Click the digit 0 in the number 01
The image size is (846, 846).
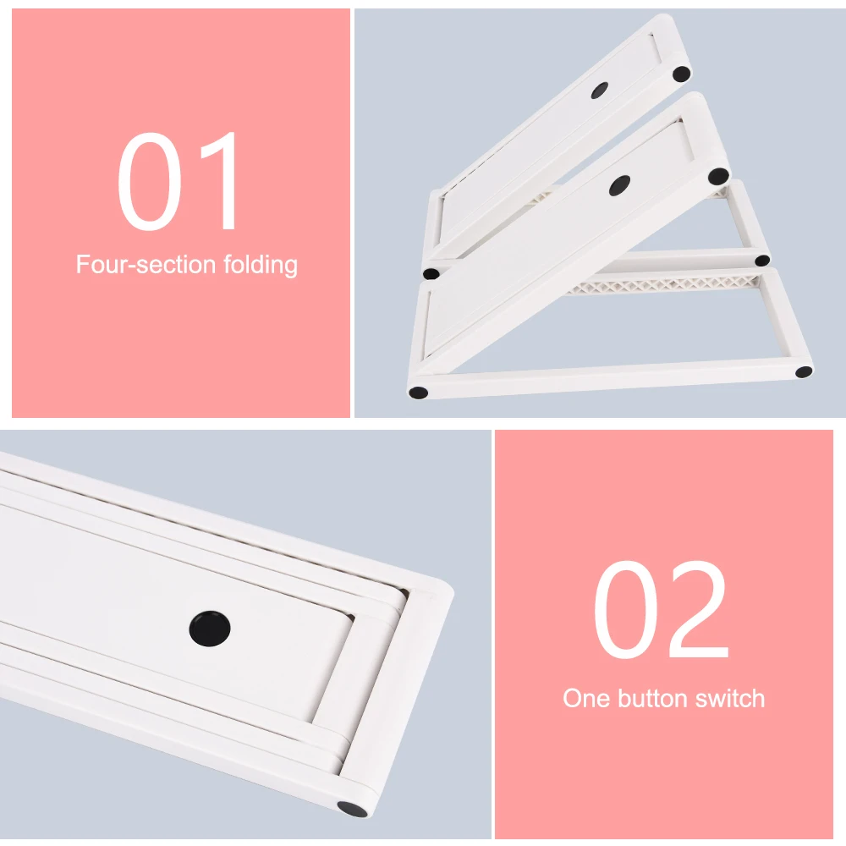pyautogui.click(x=149, y=182)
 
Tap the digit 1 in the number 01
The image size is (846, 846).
pyautogui.click(x=218, y=182)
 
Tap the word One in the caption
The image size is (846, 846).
pyautogui.click(x=586, y=699)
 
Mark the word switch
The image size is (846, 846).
pyautogui.click(x=733, y=699)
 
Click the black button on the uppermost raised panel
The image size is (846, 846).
pyautogui.click(x=601, y=90)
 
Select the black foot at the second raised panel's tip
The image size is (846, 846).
pyautogui.click(x=718, y=177)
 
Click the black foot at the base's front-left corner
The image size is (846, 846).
pyautogui.click(x=418, y=393)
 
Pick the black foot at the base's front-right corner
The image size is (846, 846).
pyautogui.click(x=802, y=371)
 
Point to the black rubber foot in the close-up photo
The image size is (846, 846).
pyautogui.click(x=349, y=809)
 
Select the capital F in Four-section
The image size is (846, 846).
pyautogui.click(x=83, y=264)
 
